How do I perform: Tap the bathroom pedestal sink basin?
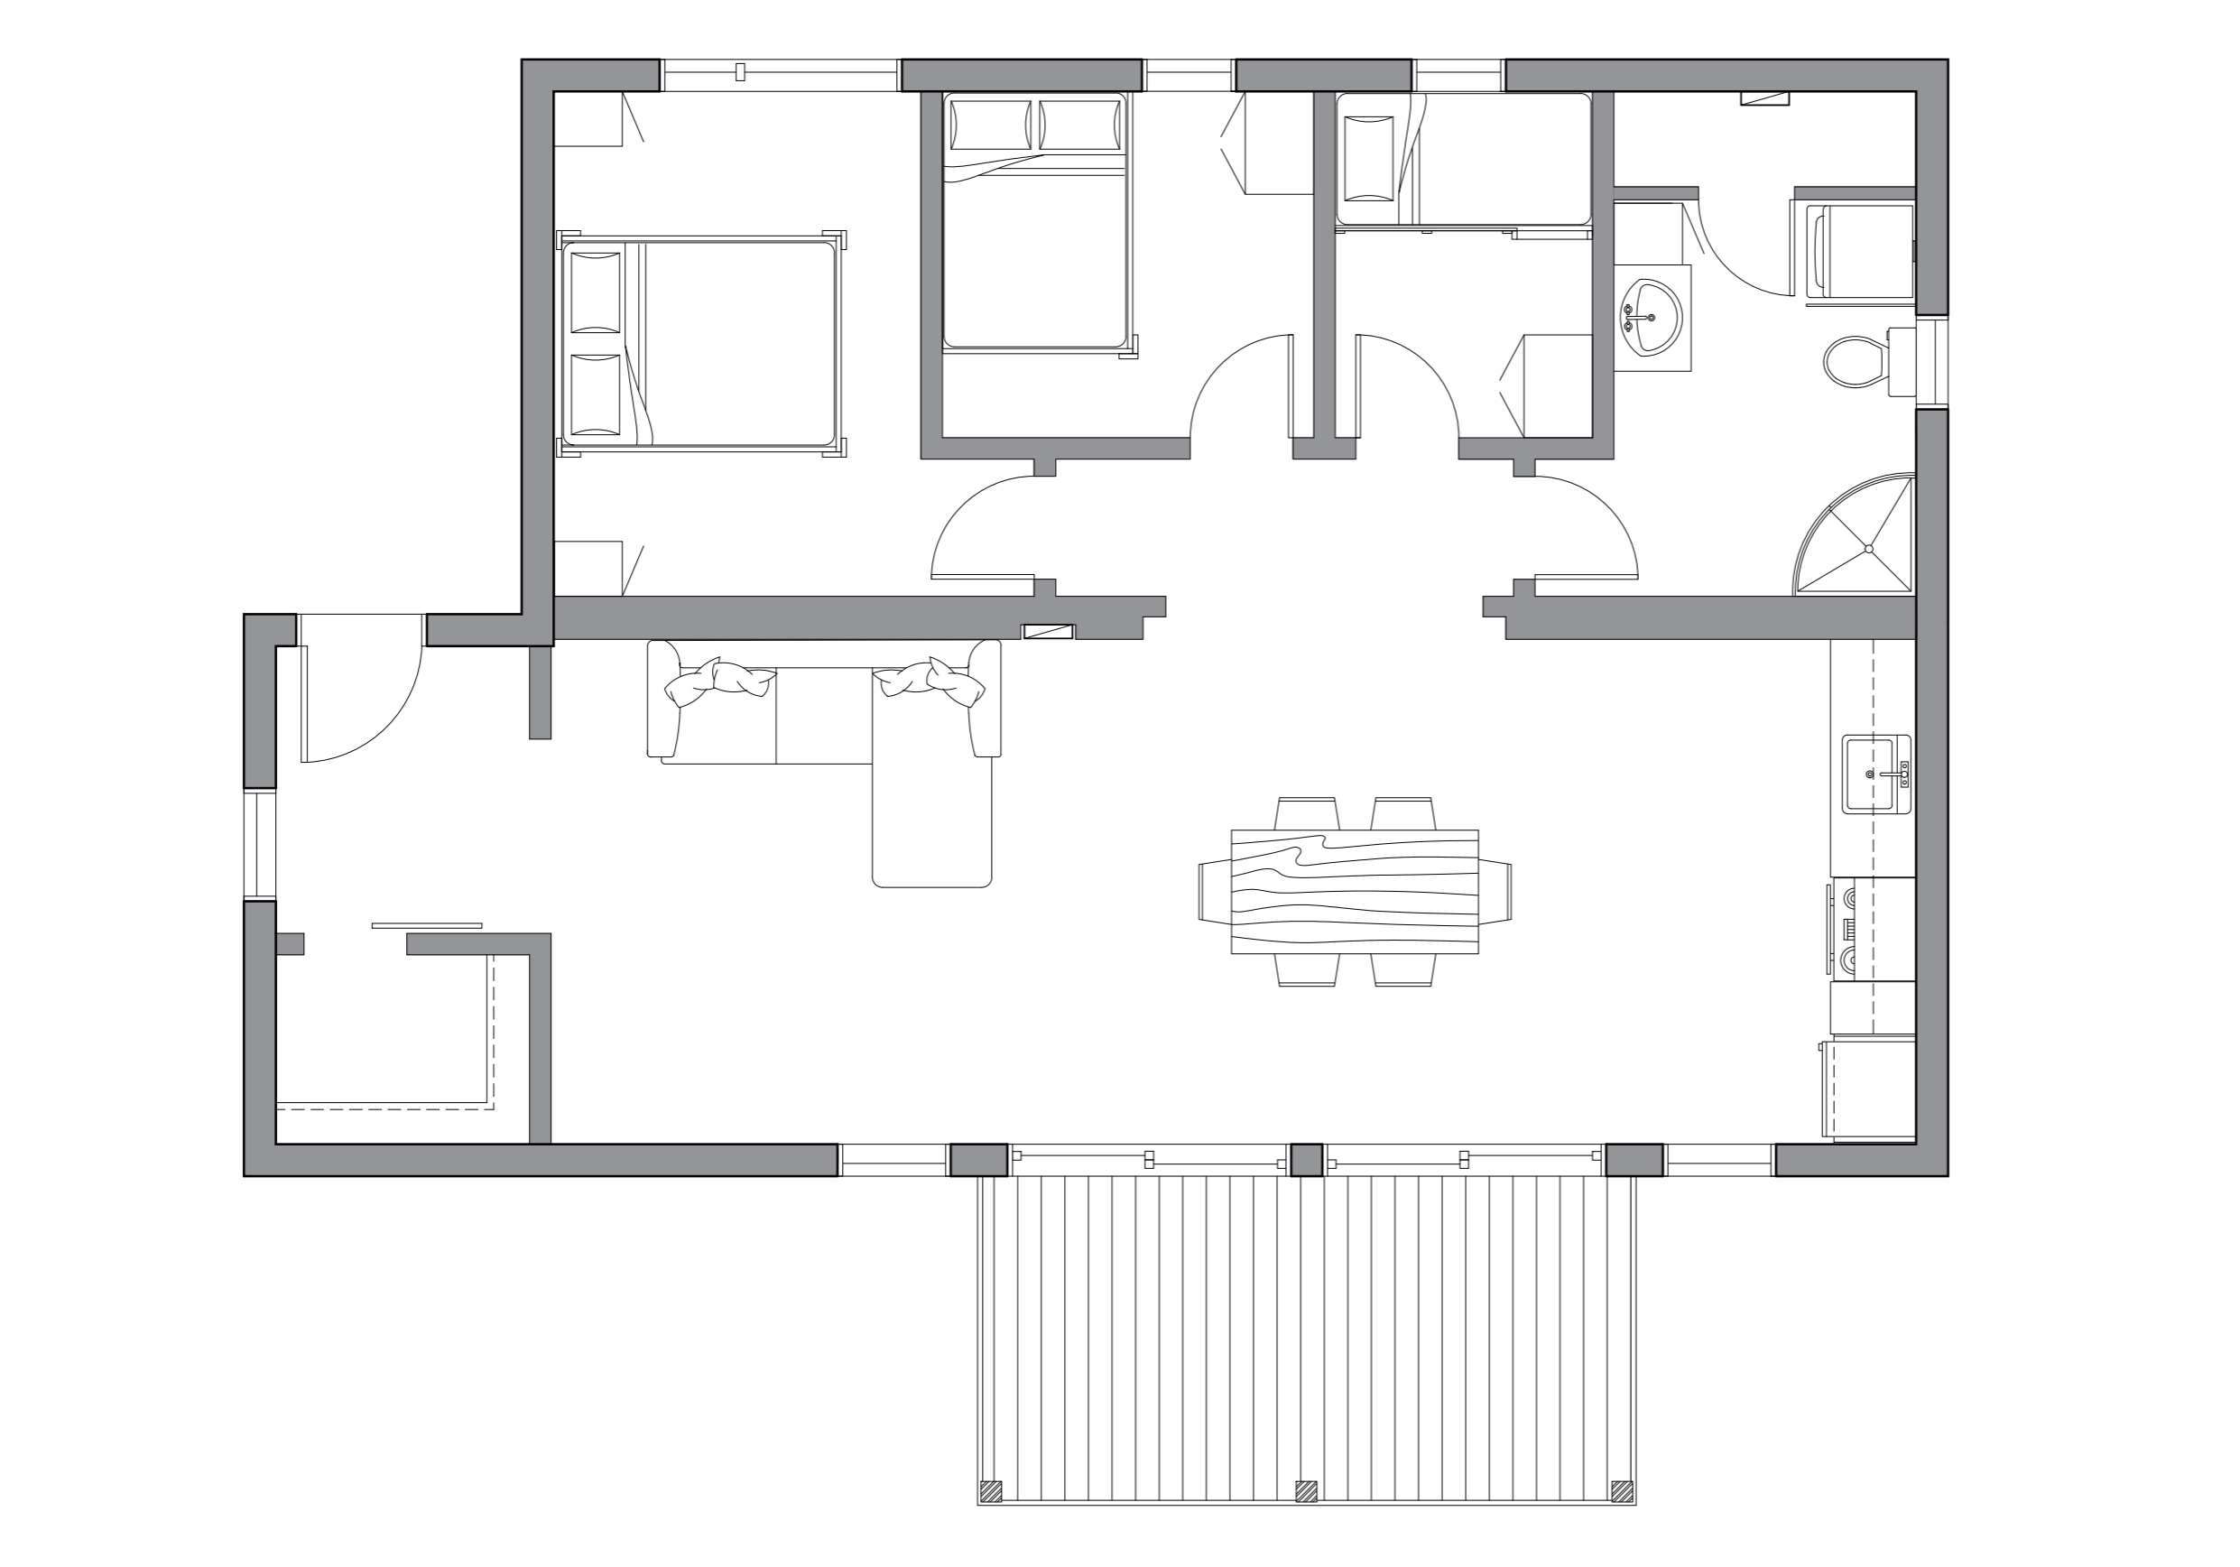pyautogui.click(x=1651, y=316)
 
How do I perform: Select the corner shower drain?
pyautogui.click(x=1868, y=548)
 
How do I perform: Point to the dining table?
pyautogui.click(x=1354, y=891)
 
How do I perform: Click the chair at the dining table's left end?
pyautogui.click(x=1214, y=891)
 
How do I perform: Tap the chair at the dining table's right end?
pyautogui.click(x=1495, y=891)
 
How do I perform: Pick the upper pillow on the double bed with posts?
pyautogui.click(x=595, y=292)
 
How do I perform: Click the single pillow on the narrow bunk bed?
pyautogui.click(x=1368, y=158)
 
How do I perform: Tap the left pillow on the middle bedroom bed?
pyautogui.click(x=989, y=125)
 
